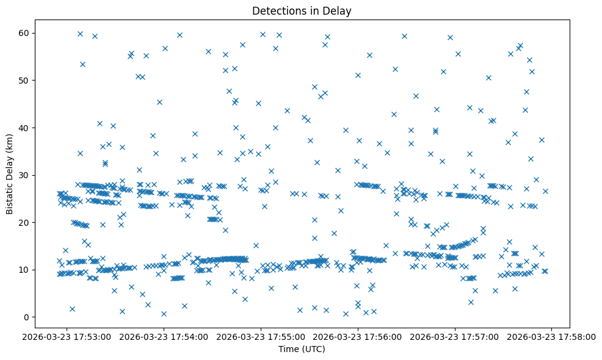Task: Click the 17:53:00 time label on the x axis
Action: click(x=67, y=337)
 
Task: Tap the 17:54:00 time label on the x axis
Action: click(x=164, y=337)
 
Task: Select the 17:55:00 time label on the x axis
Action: click(x=261, y=337)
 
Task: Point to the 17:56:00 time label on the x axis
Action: click(x=358, y=337)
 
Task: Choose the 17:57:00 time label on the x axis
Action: click(x=455, y=337)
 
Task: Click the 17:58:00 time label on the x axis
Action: click(x=553, y=337)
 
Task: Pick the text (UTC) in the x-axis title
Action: click(x=315, y=350)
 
